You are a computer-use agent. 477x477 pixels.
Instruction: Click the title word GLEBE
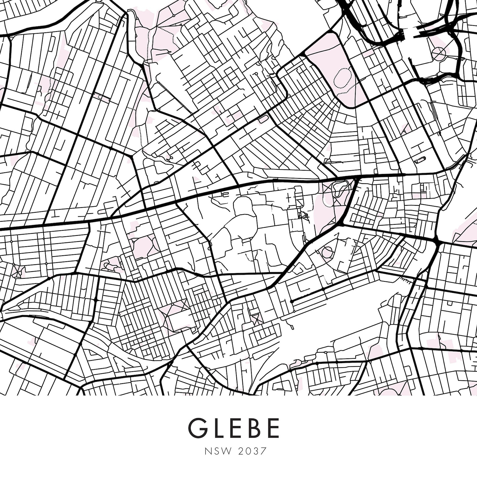coord(234,428)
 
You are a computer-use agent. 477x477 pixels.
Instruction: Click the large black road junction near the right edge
coord(436,241)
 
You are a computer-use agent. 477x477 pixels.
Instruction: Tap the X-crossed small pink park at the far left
coord(17,270)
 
